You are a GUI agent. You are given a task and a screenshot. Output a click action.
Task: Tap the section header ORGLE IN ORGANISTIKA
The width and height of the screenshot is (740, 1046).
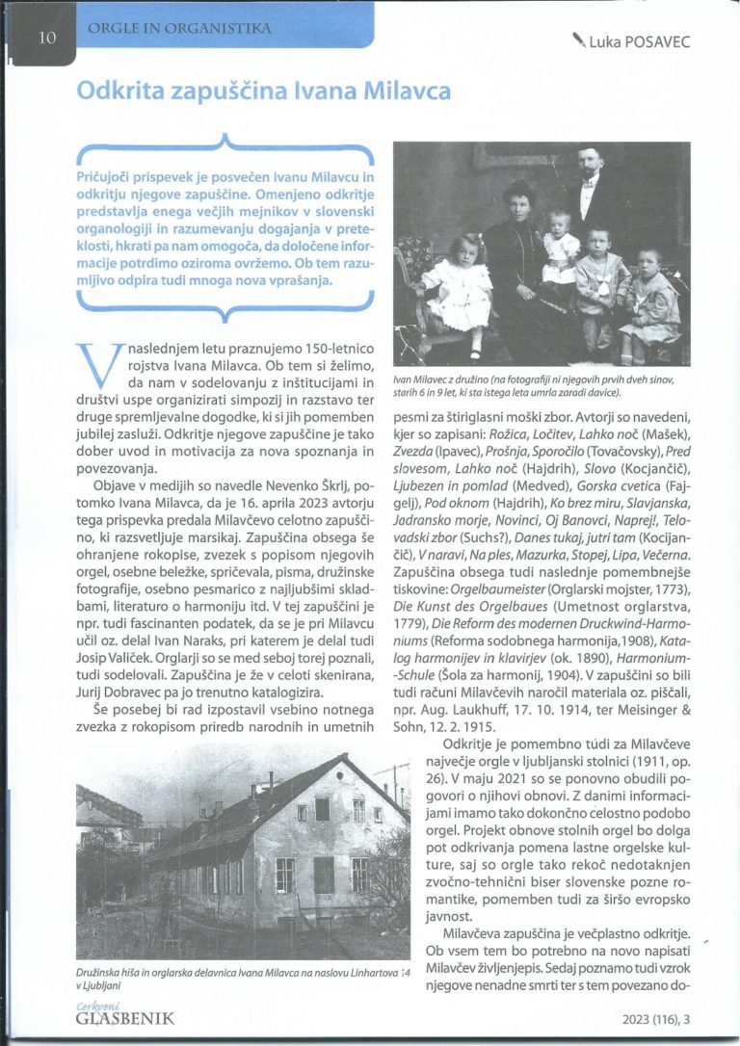pyautogui.click(x=178, y=29)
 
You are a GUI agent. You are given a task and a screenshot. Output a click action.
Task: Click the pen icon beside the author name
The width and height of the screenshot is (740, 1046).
pyautogui.click(x=579, y=39)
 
